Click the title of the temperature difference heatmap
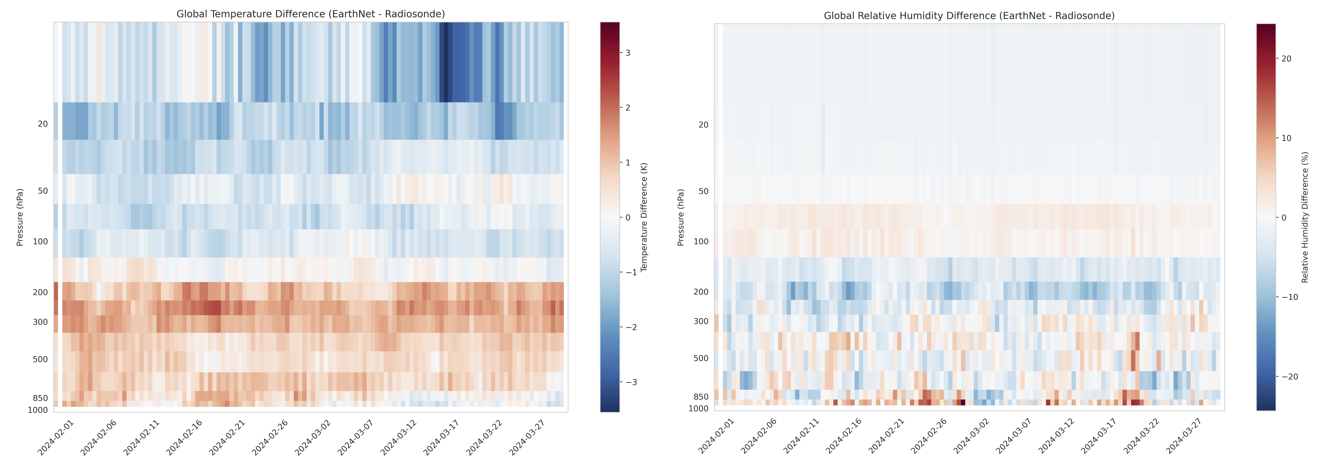click(x=311, y=14)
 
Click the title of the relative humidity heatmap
click(x=969, y=16)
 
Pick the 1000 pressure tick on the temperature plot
click(x=38, y=410)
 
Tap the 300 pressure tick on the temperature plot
click(x=40, y=322)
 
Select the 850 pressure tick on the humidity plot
click(x=700, y=397)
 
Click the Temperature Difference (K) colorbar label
click(x=644, y=217)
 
